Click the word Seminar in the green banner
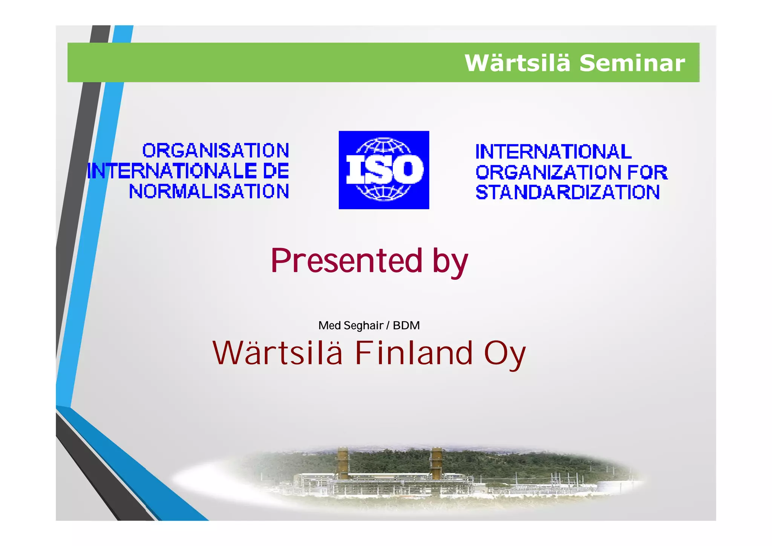(x=632, y=63)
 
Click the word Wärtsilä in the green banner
(x=517, y=63)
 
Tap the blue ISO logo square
(x=384, y=170)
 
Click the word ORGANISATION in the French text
(x=216, y=151)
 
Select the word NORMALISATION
(x=209, y=192)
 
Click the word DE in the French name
(x=276, y=171)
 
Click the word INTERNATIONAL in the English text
(x=553, y=152)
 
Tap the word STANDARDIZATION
(x=567, y=192)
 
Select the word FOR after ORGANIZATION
(x=647, y=173)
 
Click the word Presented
(x=346, y=261)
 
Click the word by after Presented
(x=450, y=262)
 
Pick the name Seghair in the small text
(x=363, y=325)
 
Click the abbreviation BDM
(x=406, y=325)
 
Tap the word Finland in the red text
(x=414, y=353)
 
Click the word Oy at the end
(x=504, y=354)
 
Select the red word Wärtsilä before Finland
(x=278, y=353)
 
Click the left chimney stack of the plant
(x=343, y=463)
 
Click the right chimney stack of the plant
(x=437, y=463)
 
